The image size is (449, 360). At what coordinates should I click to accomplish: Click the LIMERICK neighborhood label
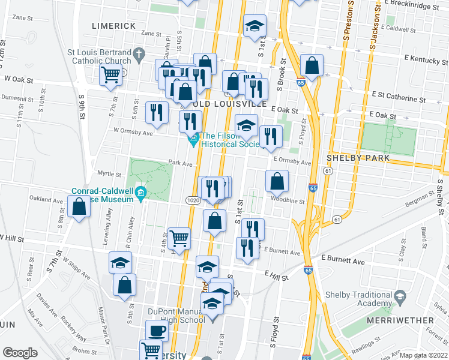114,26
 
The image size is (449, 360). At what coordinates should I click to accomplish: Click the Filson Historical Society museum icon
193,142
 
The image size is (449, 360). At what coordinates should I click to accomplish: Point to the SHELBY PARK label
358,158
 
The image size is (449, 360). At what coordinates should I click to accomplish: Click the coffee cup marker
157,331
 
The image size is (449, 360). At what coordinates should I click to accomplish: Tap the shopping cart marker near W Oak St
111,75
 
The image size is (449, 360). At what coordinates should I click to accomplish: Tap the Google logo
20,352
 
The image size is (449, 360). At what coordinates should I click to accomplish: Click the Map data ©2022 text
424,355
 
